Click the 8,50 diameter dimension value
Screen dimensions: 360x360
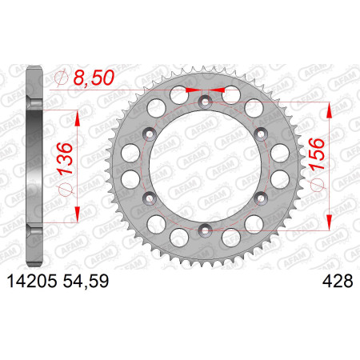point(94,78)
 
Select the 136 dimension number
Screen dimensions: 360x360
point(65,158)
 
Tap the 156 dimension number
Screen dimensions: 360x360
point(317,154)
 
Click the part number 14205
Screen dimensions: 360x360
point(32,281)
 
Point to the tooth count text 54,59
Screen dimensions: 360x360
point(86,281)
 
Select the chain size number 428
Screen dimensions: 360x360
point(338,281)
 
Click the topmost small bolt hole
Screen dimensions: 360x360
point(205,102)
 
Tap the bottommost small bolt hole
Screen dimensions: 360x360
point(205,230)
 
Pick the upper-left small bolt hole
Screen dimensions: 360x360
point(150,134)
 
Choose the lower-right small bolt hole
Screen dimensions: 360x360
point(261,198)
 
